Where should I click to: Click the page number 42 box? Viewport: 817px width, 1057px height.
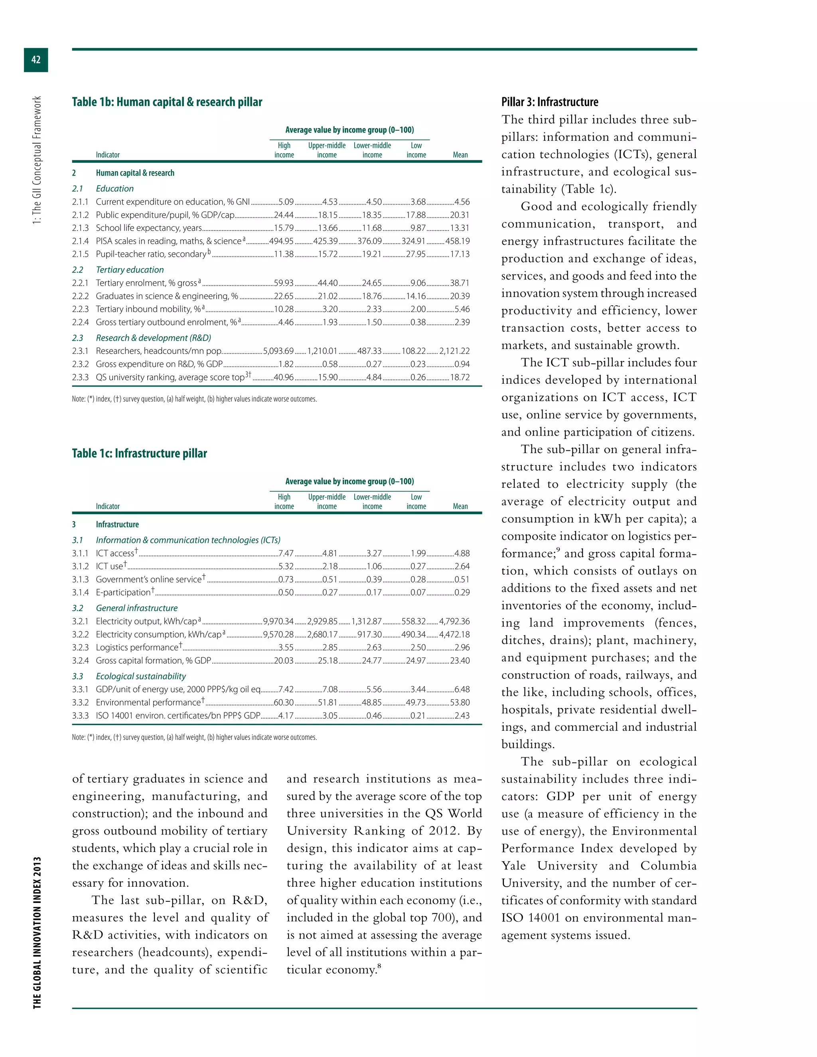36,59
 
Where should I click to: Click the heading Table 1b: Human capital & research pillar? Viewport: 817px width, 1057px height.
167,102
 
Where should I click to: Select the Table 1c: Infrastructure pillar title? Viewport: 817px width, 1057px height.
139,454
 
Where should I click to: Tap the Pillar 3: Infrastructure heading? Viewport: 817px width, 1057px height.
549,102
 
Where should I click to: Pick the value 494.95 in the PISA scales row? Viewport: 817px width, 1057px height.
281,241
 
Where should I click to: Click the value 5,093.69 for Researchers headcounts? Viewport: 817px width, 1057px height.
278,351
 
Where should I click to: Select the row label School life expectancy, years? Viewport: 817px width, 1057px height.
148,228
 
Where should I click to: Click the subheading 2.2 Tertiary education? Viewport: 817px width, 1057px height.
129,270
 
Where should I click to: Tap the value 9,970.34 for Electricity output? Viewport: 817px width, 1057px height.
278,621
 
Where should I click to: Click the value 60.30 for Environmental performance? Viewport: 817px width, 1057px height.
284,703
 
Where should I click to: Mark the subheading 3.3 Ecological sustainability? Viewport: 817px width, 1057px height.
140,676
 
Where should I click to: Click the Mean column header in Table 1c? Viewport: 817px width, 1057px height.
460,507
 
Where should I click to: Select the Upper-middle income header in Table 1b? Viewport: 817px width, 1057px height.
327,150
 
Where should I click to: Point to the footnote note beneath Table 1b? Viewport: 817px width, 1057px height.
194,399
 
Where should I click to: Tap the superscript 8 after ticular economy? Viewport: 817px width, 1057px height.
379,966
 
